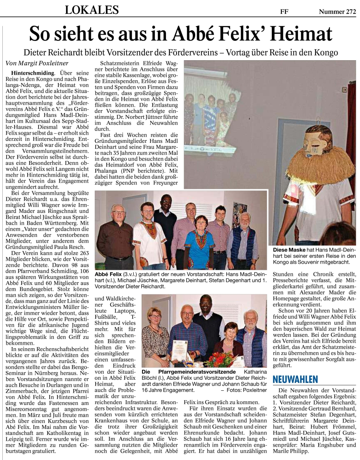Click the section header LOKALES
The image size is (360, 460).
click(x=92, y=9)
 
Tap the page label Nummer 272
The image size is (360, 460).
click(x=337, y=12)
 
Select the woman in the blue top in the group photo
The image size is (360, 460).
click(x=201, y=240)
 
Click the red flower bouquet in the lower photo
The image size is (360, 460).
click(x=220, y=359)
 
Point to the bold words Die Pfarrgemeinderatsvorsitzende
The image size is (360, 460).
click(x=188, y=371)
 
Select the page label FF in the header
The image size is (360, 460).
click(x=284, y=12)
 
